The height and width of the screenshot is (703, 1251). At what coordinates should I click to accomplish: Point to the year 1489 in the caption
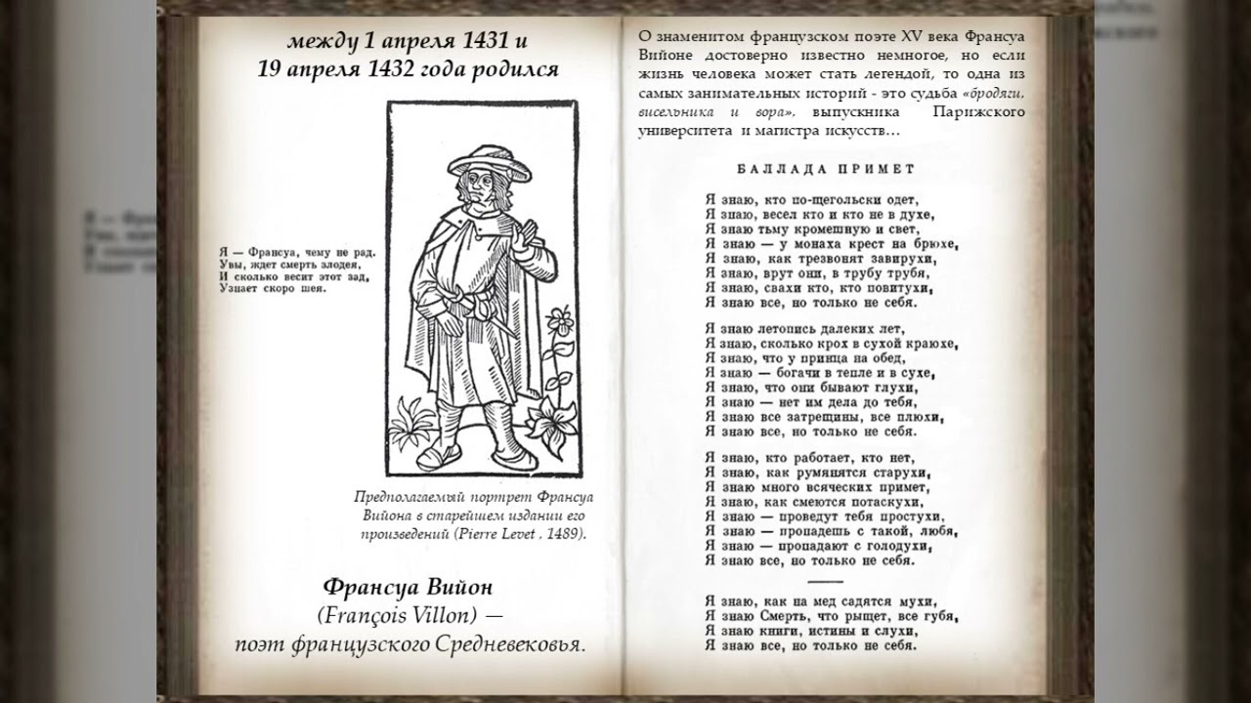tap(561, 533)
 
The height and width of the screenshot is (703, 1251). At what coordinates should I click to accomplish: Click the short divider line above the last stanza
tap(825, 581)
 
